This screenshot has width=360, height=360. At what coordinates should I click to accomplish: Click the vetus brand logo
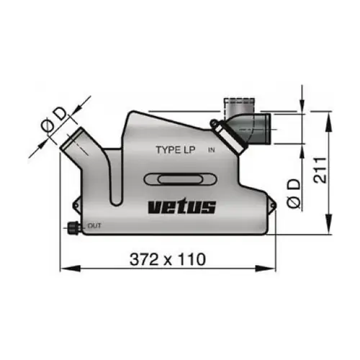pos(182,207)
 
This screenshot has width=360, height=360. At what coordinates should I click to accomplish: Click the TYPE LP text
pos(176,150)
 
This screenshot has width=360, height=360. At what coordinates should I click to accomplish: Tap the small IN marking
pos(211,150)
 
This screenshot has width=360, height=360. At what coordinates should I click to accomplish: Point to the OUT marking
pos(94,226)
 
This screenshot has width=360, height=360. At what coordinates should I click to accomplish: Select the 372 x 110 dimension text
pos(168,259)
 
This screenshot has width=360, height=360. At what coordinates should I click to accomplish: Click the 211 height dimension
pos(320,170)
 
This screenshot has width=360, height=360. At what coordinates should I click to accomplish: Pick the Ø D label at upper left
pos(54,120)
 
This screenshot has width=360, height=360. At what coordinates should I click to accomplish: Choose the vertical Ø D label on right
pos(294,194)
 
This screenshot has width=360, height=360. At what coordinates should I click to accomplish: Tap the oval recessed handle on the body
pos(180,179)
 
